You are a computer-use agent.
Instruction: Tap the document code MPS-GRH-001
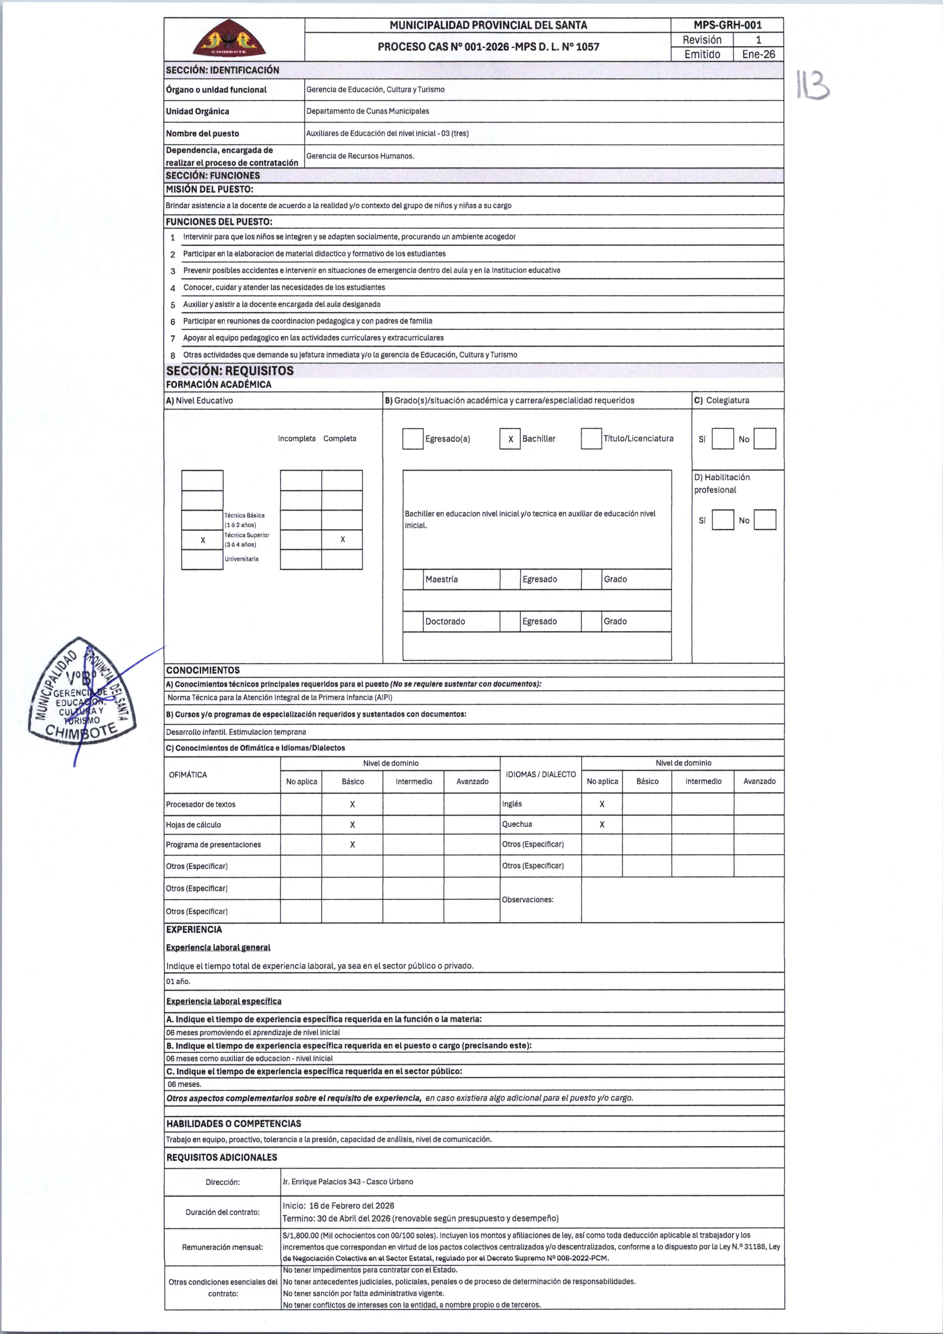(x=727, y=25)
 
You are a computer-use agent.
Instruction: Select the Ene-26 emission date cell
(x=758, y=54)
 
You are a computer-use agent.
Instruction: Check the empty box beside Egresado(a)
(x=412, y=438)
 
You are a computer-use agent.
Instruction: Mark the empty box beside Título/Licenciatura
(x=591, y=438)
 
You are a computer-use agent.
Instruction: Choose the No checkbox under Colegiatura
(x=764, y=438)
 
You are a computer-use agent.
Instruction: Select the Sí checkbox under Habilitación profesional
(x=723, y=520)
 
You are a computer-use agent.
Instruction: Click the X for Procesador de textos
(x=352, y=804)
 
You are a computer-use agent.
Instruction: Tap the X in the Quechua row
(x=602, y=824)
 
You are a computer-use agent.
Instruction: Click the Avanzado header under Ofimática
(x=472, y=781)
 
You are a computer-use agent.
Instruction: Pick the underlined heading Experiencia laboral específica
(x=224, y=1001)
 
